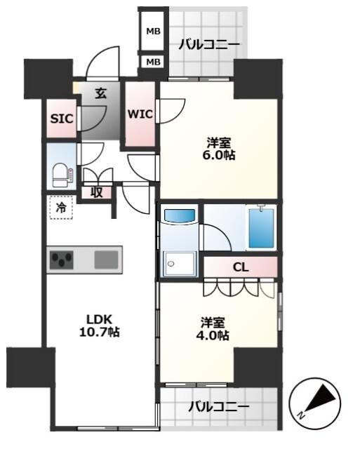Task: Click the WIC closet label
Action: click(x=140, y=114)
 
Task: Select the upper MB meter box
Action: click(x=153, y=32)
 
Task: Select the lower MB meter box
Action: click(x=153, y=62)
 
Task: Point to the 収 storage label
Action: click(x=95, y=191)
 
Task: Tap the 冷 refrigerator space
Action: click(x=61, y=208)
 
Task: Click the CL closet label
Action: click(x=240, y=267)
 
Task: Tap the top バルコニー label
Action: click(x=208, y=45)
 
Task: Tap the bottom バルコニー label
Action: click(x=218, y=406)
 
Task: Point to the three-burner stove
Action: click(x=63, y=260)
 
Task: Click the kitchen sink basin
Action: click(x=107, y=260)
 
